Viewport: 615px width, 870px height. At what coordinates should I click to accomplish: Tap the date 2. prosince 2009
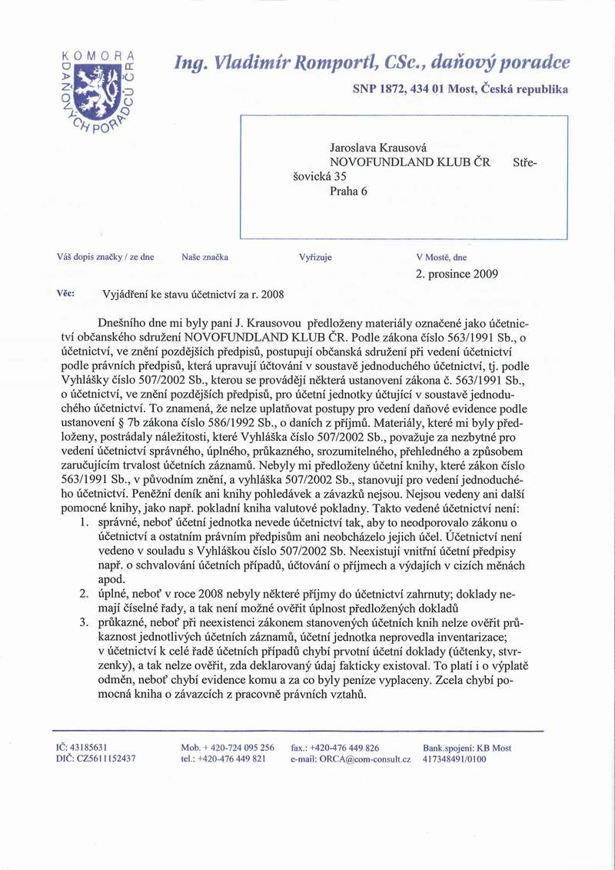pyautogui.click(x=457, y=273)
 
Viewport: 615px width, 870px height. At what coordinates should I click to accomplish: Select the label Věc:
pyautogui.click(x=65, y=293)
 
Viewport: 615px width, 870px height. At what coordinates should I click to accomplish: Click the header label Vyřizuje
pyautogui.click(x=315, y=257)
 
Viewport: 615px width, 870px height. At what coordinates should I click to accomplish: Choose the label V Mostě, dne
pyautogui.click(x=441, y=257)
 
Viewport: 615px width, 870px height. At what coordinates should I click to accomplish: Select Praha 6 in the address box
pyautogui.click(x=348, y=192)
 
